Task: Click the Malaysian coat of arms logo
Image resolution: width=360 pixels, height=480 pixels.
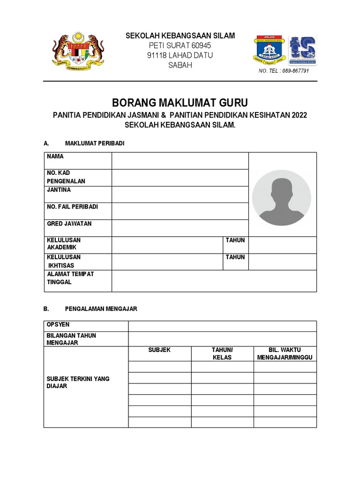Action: pos(78,51)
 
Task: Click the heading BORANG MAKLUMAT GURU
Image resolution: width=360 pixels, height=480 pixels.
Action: pos(180,103)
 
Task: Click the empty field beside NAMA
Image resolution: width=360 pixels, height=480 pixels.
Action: pos(180,161)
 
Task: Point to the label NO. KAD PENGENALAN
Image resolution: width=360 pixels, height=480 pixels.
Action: pos(66,177)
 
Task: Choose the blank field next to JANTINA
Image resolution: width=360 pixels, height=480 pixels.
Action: pos(180,194)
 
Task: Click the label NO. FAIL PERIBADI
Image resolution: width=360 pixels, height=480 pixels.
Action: pos(72,207)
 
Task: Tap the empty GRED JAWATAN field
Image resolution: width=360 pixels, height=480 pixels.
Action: pos(180,228)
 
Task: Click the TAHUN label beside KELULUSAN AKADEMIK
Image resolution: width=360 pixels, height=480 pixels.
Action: pos(235,240)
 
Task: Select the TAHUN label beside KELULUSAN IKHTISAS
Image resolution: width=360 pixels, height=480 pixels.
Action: pos(235,257)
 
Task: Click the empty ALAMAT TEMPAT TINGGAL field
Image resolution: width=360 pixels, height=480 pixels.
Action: pos(214,281)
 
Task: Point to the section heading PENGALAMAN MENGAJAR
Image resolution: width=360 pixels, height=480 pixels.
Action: pos(101,309)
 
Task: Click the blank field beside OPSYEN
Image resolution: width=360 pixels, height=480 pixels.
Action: pos(222,326)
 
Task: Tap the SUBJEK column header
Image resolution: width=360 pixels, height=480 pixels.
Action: pos(159,350)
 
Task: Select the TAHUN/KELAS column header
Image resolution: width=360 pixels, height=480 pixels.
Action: pos(222,354)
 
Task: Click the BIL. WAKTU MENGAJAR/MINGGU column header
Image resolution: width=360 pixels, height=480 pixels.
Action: pos(285,354)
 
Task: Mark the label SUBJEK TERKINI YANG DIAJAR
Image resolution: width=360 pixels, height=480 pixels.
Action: pos(78,382)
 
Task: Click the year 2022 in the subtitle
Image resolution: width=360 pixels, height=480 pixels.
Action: pos(299,115)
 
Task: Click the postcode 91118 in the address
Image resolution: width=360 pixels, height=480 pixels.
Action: pos(157,55)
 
